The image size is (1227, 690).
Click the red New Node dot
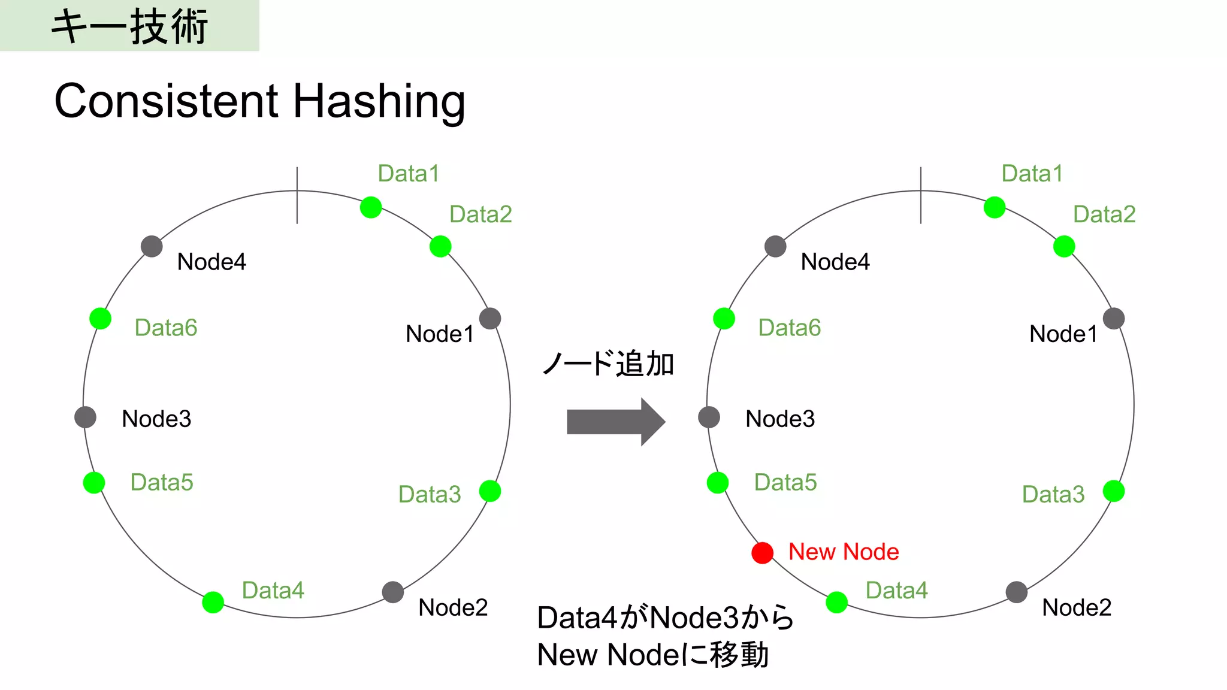(762, 553)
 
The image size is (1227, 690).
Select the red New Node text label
(843, 552)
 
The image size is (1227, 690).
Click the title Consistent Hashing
(259, 101)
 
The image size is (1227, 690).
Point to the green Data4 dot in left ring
(213, 602)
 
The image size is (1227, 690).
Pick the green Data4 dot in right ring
(836, 602)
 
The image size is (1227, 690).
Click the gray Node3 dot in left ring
(85, 417)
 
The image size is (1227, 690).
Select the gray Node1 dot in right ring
(1114, 318)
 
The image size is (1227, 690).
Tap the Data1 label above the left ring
(409, 174)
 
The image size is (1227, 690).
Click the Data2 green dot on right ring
(1064, 246)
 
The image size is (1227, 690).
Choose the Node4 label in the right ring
(835, 262)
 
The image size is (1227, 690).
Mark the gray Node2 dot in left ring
(392, 592)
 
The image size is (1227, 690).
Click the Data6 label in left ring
(165, 328)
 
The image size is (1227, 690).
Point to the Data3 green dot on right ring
(1114, 491)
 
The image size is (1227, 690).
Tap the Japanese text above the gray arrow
(608, 364)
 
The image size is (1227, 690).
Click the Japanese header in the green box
(129, 26)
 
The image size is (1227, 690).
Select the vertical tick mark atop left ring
(297, 196)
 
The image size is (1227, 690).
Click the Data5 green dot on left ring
(94, 482)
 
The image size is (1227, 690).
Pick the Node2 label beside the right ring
(1076, 607)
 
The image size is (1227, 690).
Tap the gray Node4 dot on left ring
(152, 246)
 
